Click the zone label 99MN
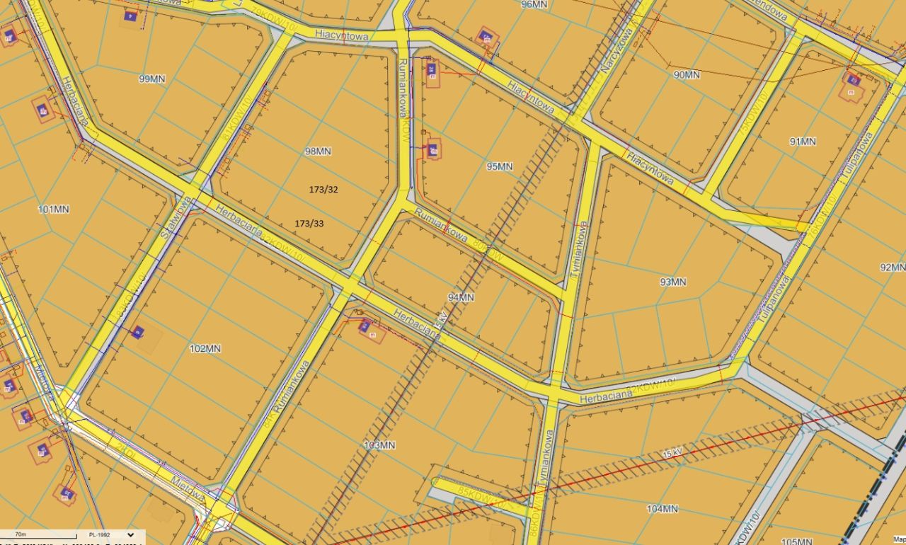click(x=152, y=79)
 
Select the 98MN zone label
click(x=318, y=151)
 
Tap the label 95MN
click(x=500, y=166)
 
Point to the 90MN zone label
click(x=686, y=74)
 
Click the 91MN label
click(x=803, y=142)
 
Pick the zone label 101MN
click(x=54, y=209)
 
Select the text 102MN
click(x=205, y=348)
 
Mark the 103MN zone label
click(x=379, y=445)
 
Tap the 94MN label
click(x=461, y=297)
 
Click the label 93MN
click(x=673, y=282)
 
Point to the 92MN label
click(x=893, y=267)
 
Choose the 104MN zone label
click(x=662, y=508)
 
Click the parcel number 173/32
click(x=323, y=189)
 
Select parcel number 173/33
click(x=309, y=223)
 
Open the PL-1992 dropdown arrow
click(x=130, y=535)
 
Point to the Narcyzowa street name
click(x=614, y=51)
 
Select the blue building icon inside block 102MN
click(x=137, y=331)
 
